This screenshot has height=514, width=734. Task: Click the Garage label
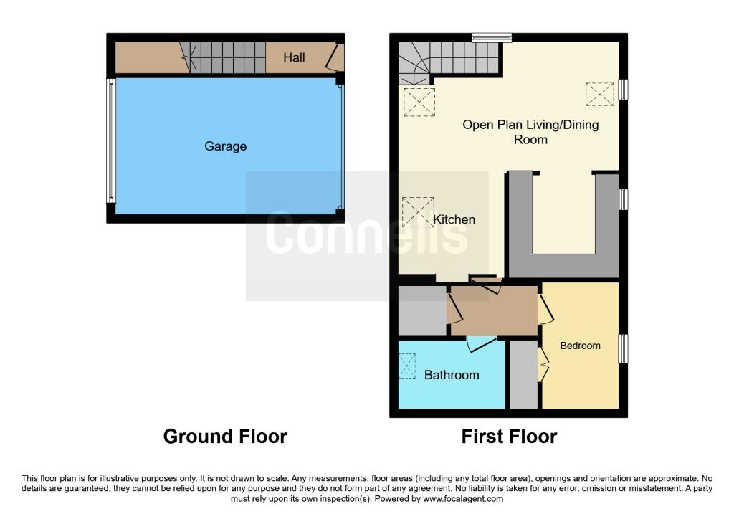(x=225, y=146)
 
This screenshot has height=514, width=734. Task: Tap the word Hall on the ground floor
(x=294, y=57)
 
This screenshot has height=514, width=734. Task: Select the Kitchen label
(x=454, y=219)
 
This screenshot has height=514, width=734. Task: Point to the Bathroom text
(x=452, y=375)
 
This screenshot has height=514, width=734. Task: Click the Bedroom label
(x=580, y=346)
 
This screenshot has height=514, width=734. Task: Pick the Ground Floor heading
(x=225, y=436)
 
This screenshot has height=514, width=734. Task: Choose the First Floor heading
(x=509, y=436)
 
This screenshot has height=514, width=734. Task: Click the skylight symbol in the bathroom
(x=406, y=366)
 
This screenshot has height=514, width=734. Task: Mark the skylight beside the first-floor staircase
(x=419, y=102)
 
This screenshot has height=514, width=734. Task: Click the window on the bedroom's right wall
(x=623, y=348)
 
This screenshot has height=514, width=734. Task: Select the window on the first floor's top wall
(x=492, y=37)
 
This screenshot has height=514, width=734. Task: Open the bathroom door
(x=480, y=343)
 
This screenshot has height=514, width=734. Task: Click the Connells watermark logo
(x=367, y=234)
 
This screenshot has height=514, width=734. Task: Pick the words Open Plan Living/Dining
(x=530, y=125)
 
